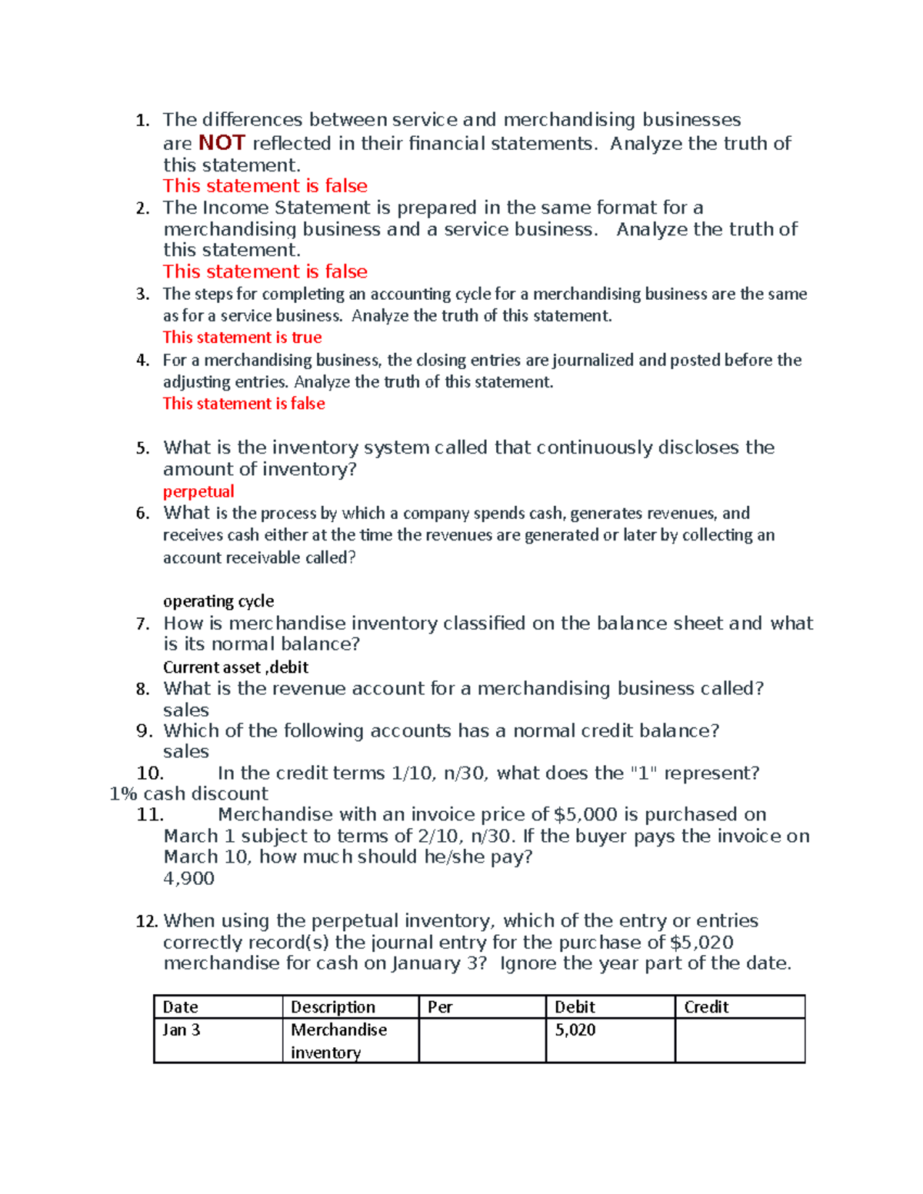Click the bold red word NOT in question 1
pyautogui.click(x=222, y=143)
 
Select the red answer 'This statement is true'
pyautogui.click(x=242, y=338)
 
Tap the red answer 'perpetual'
pyautogui.click(x=198, y=492)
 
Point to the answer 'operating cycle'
pyautogui.click(x=218, y=601)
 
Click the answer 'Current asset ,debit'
pyautogui.click(x=235, y=667)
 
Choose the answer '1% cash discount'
pyautogui.click(x=188, y=794)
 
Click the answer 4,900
pyautogui.click(x=188, y=879)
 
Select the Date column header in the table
pyautogui.click(x=181, y=1007)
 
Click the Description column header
pyautogui.click(x=333, y=1007)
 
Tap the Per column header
pyautogui.click(x=440, y=1007)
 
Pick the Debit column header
pyautogui.click(x=575, y=1007)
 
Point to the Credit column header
pyautogui.click(x=706, y=1007)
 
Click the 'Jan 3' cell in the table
pyautogui.click(x=182, y=1030)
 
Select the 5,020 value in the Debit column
pyautogui.click(x=575, y=1030)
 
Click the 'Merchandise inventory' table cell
pyautogui.click(x=338, y=1041)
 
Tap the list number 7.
pyautogui.click(x=142, y=624)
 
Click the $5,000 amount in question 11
pyautogui.click(x=585, y=815)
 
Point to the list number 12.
pyautogui.click(x=146, y=921)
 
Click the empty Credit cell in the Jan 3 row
pyautogui.click(x=740, y=1041)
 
